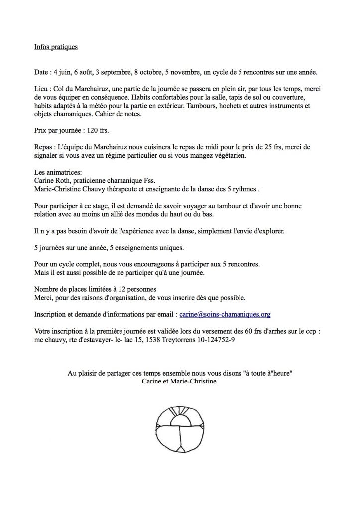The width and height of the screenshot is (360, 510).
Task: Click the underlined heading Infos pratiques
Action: [x=56, y=47]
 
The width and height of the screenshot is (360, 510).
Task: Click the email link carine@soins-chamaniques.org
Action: [x=225, y=315]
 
